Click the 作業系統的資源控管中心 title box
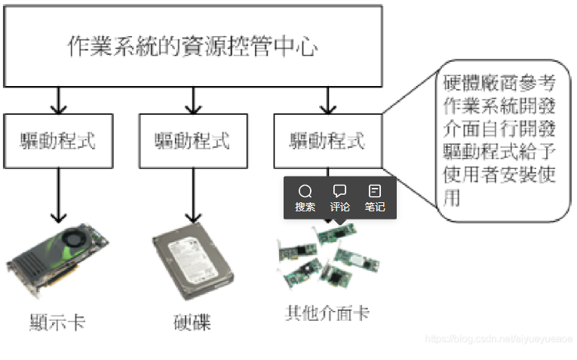[192, 47]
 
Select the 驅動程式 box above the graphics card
[58, 140]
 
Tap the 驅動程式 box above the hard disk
[193, 140]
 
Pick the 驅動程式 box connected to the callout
[327, 140]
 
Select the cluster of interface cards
[329, 257]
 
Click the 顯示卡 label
[57, 322]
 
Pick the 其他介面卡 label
[327, 312]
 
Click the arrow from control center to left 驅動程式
[58, 99]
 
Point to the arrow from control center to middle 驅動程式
[193, 99]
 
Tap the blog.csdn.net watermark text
[499, 340]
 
